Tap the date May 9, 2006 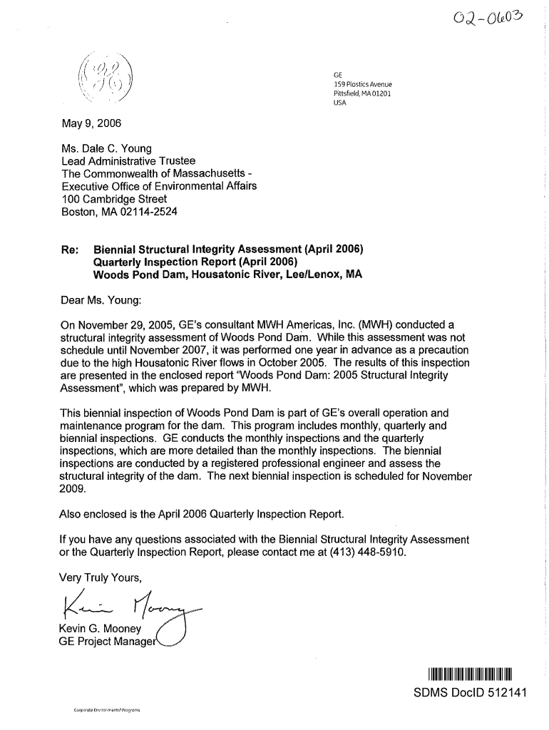coord(92,123)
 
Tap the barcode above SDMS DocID coord(471,674)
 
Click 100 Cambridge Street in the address coord(114,199)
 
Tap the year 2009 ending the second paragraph coord(73,489)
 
